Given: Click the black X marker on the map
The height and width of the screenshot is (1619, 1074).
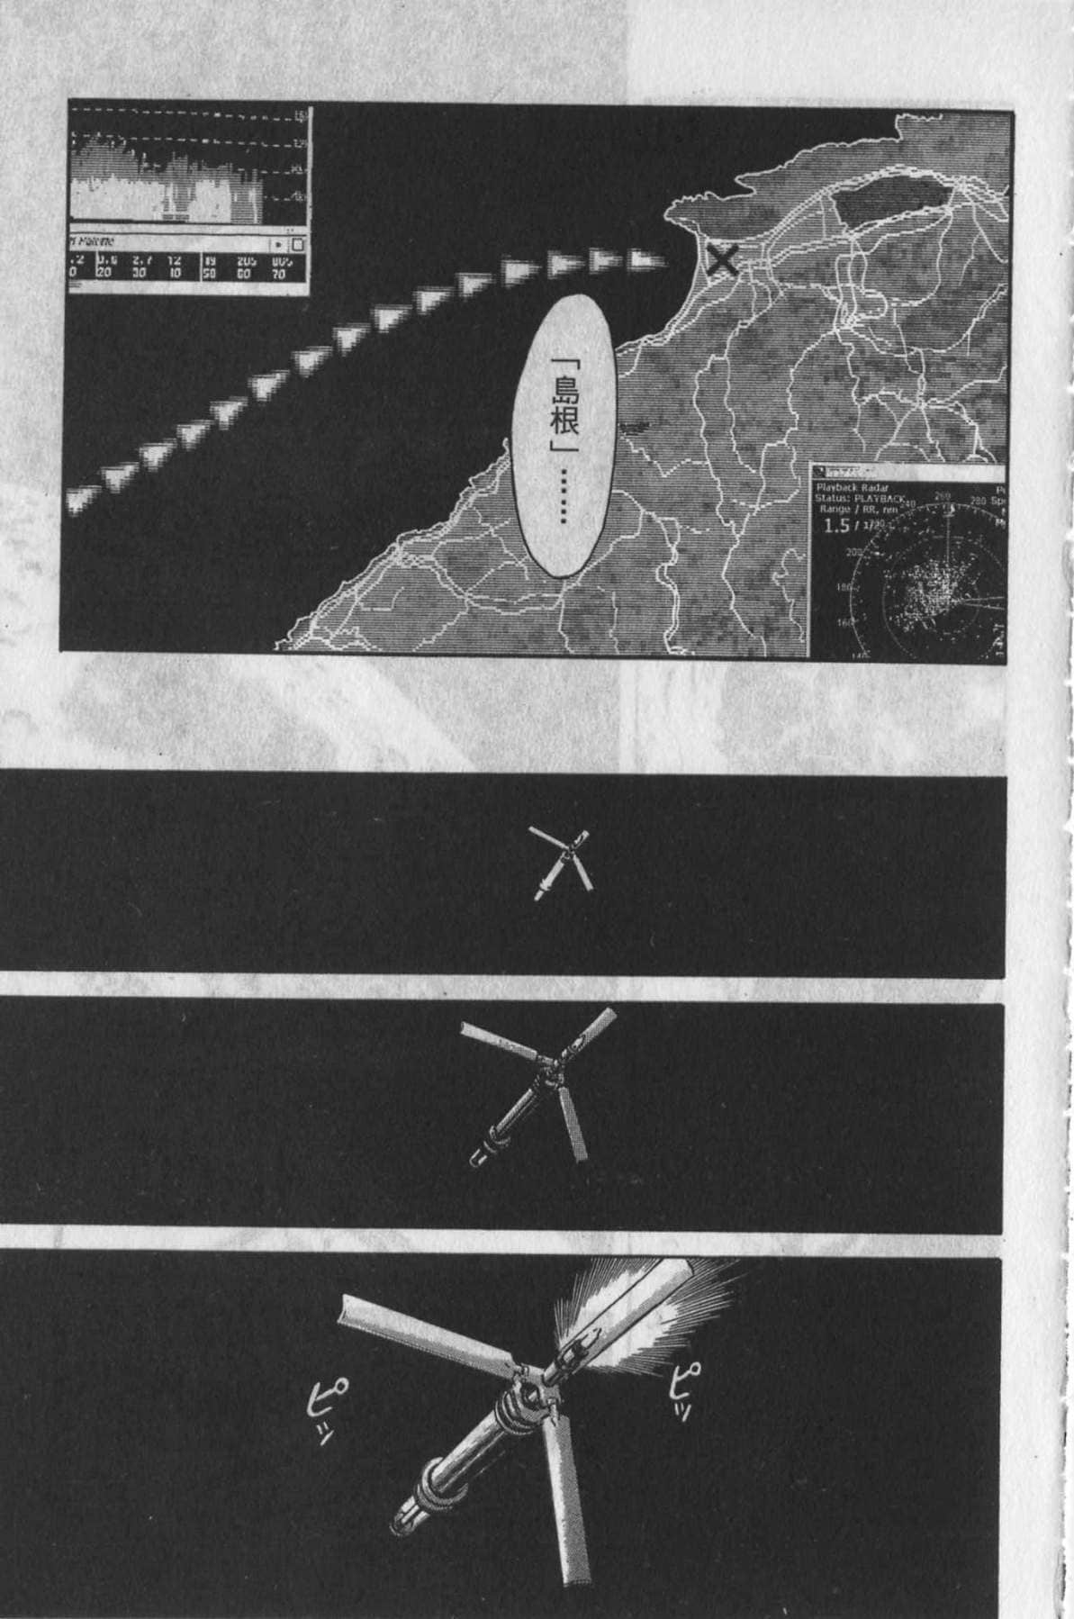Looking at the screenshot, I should (722, 262).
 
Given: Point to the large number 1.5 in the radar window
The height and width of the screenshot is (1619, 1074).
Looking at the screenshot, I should (838, 526).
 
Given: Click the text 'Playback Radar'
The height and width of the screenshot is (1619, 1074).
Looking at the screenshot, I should (851, 486).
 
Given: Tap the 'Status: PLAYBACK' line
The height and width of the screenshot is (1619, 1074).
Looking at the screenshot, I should (859, 498).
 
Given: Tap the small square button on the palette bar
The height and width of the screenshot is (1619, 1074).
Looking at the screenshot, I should (299, 243).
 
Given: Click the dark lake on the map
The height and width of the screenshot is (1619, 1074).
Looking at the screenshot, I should (891, 204).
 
